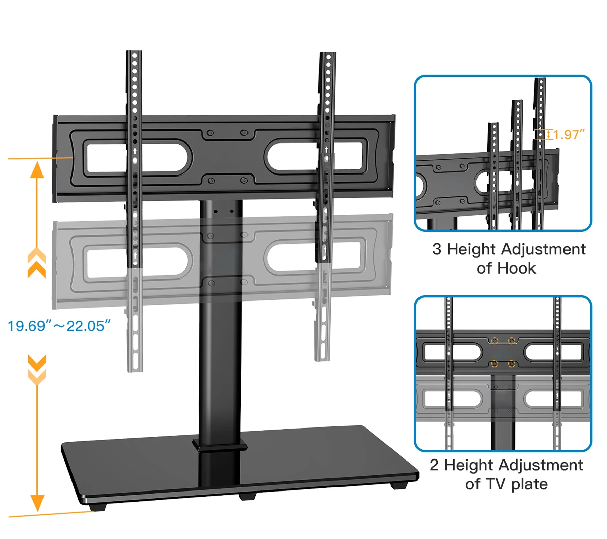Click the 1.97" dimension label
[x=569, y=135]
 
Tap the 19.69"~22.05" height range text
[x=59, y=326]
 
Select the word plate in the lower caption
[x=529, y=484]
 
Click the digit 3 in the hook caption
[x=437, y=249]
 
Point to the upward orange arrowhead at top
[x=37, y=170]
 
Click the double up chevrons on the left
[x=36, y=263]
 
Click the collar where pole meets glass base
[x=220, y=446]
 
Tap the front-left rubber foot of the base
[x=98, y=507]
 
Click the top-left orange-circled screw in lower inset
[x=494, y=341]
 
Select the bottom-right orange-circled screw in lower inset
[x=512, y=364]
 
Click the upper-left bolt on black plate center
[x=210, y=133]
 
